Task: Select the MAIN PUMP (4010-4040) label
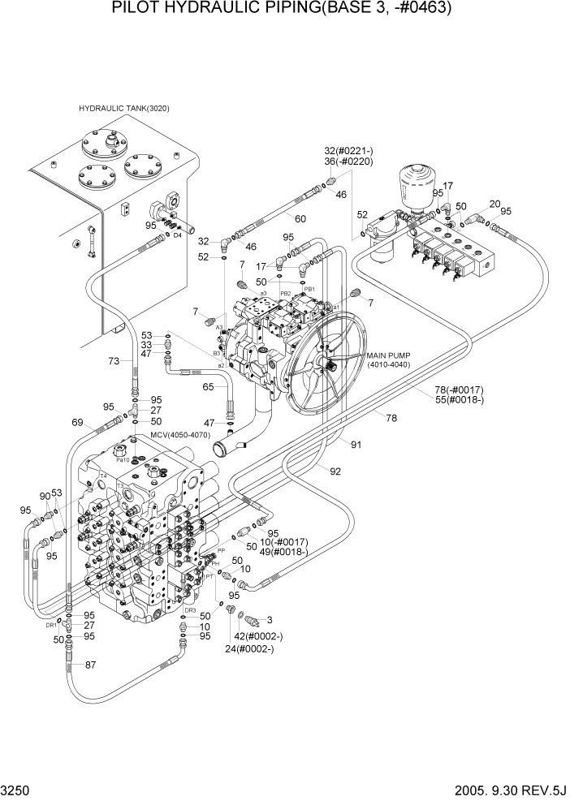390,359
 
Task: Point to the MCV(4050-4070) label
179,436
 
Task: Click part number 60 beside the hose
300,219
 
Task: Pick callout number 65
208,388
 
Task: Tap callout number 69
78,422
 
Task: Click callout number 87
90,665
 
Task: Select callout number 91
356,444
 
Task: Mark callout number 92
335,470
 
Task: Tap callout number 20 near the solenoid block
494,204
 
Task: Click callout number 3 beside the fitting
268,621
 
